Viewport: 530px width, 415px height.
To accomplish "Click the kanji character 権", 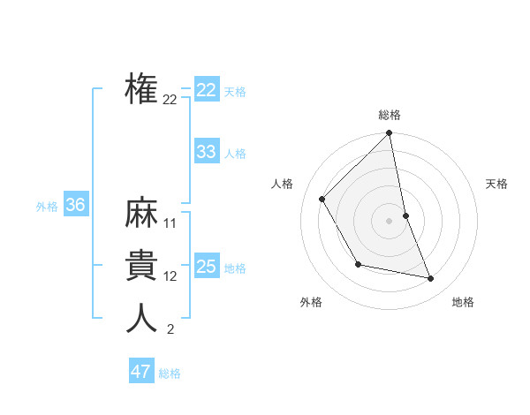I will [x=141, y=90].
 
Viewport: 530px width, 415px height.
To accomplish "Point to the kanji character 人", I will [x=141, y=318].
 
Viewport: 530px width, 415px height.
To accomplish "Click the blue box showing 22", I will [x=207, y=90].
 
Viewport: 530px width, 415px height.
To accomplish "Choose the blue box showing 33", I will [x=207, y=152].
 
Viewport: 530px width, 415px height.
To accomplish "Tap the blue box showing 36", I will [x=75, y=206].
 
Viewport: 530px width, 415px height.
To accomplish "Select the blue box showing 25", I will [x=207, y=267].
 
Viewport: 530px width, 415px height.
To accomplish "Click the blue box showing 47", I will [x=141, y=372].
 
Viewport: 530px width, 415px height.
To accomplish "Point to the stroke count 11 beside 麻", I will [x=170, y=223].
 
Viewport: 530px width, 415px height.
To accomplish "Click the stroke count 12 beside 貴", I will [x=170, y=276].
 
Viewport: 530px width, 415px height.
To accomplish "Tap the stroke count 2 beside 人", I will [x=170, y=330].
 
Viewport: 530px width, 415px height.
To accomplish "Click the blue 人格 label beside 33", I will [x=235, y=154].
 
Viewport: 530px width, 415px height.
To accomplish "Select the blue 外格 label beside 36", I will [x=47, y=207].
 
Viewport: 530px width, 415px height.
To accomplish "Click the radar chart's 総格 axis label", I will [x=390, y=115].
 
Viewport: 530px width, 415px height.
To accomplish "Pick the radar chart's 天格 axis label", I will [x=497, y=184].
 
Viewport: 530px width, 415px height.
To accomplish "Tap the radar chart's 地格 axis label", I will [x=463, y=302].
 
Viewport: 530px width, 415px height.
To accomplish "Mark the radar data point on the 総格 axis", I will [x=390, y=133].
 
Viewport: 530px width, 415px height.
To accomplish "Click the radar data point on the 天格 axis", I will [x=406, y=215].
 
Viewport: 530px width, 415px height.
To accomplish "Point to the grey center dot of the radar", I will [x=390, y=220].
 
